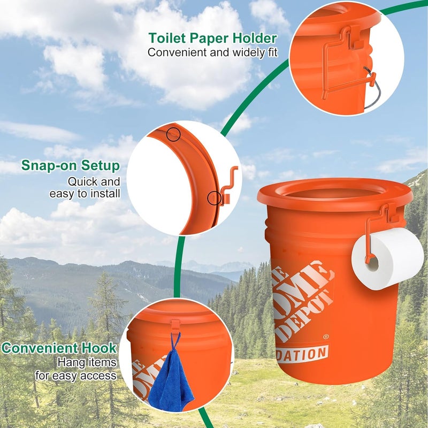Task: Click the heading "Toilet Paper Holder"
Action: (x=212, y=39)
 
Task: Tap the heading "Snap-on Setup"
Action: (x=71, y=165)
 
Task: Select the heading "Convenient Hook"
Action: (x=59, y=348)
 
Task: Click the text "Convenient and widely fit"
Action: (x=212, y=52)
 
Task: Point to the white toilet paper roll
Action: (x=387, y=258)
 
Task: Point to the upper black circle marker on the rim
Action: (x=173, y=134)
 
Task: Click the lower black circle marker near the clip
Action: (x=214, y=198)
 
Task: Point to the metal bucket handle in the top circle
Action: (x=369, y=86)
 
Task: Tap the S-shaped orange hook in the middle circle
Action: (x=227, y=185)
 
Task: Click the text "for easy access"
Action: (x=75, y=376)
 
